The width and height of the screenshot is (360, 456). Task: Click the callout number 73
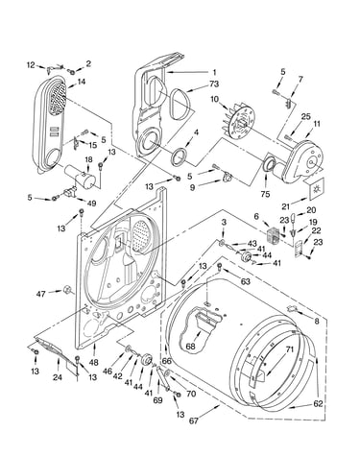click(214, 84)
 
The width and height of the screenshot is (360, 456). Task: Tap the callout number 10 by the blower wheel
click(214, 99)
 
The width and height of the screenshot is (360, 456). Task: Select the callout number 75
click(265, 194)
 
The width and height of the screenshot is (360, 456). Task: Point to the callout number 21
click(286, 205)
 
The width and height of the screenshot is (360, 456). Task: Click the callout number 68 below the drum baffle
click(190, 346)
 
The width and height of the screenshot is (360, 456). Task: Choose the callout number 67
click(193, 420)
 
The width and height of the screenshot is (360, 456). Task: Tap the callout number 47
click(40, 293)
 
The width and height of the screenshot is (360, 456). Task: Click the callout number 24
click(58, 377)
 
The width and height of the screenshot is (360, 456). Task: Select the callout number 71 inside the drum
click(289, 349)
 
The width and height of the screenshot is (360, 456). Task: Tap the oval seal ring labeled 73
click(179, 103)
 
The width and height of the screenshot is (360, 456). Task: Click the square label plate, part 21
click(317, 189)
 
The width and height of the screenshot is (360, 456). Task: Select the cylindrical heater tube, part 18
click(80, 176)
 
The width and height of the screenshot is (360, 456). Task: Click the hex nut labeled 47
click(67, 289)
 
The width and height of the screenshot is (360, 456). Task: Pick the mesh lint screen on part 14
click(58, 95)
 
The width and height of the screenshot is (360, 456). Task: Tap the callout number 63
click(246, 282)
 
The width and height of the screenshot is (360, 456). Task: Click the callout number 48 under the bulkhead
click(94, 363)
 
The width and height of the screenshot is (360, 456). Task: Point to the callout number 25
click(306, 116)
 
